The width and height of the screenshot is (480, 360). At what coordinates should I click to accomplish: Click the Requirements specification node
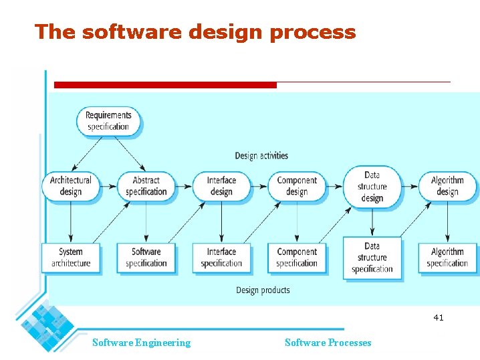coord(108,121)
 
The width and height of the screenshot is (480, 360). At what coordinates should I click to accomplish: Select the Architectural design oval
coord(71,186)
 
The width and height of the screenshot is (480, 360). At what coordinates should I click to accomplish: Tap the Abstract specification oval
coord(146,186)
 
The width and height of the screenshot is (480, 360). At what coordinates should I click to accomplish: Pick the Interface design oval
coord(221,186)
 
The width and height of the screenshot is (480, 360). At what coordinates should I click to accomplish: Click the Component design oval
coord(297,186)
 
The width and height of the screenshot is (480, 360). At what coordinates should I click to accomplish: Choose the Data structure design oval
coord(372,187)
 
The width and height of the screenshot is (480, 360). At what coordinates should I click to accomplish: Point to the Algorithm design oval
coord(447,186)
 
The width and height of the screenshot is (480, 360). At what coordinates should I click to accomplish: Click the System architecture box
coord(71,258)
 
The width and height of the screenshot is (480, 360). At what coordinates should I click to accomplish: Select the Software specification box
coord(146,258)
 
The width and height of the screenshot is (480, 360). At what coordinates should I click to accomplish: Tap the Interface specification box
coord(221,258)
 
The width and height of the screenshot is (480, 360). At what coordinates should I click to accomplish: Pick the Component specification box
coord(297,258)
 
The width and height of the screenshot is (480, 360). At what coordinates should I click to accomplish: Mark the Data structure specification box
coord(372,258)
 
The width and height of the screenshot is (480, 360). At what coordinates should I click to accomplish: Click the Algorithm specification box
coord(447,258)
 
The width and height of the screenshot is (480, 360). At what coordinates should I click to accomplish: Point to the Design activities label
coord(261,156)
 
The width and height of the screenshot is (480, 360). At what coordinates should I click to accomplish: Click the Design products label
coord(263,290)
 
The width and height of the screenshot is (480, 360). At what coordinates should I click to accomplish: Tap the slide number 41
coord(438,318)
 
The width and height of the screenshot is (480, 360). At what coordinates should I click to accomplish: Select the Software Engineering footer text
coord(141,343)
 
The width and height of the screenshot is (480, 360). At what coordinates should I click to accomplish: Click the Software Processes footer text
coord(328,343)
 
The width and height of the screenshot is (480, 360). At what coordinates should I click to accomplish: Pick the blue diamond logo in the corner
coord(47,327)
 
